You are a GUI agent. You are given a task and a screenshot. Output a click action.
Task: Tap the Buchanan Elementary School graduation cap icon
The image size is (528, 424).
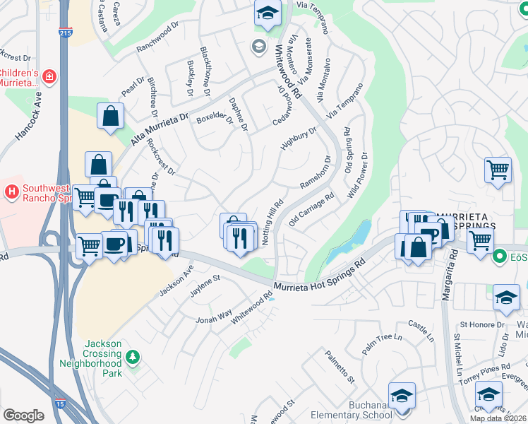pos(402,394)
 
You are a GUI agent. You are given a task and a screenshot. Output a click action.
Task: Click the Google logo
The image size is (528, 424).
pos(23,416)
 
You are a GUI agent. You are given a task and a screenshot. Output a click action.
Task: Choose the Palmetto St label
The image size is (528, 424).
pos(340,370)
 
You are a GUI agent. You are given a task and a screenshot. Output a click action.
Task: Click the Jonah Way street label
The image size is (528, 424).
pos(214,314)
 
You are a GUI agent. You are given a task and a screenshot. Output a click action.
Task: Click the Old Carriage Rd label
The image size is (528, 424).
pos(311,209)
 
